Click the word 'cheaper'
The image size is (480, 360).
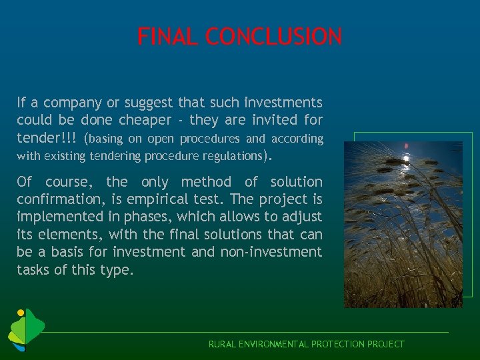click(x=145, y=121)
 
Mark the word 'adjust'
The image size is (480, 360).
click(x=301, y=217)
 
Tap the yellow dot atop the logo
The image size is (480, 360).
click(x=21, y=312)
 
